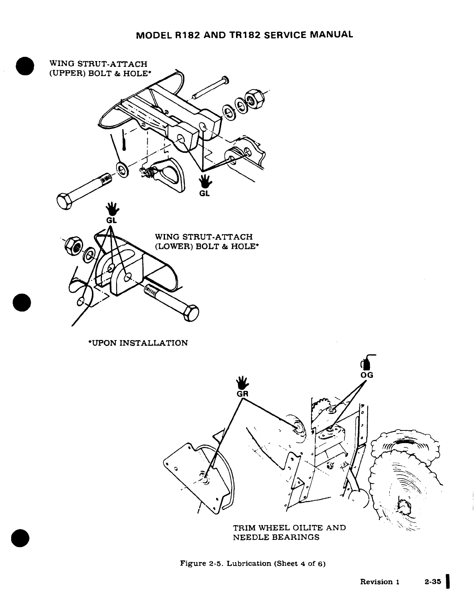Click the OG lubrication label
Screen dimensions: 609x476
coord(367,375)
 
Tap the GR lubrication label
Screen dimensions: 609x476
coord(242,394)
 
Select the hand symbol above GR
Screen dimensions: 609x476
coord(243,383)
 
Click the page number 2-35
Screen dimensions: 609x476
coord(433,581)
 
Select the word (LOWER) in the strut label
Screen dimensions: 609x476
coord(174,246)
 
